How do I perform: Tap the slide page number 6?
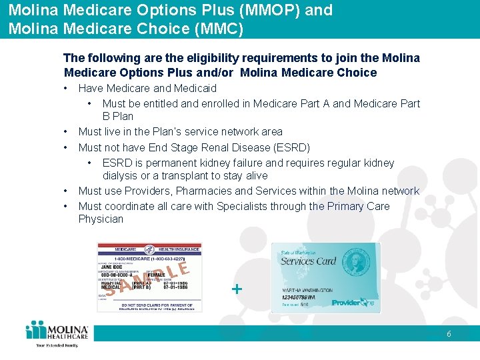449,334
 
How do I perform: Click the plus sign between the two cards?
236,289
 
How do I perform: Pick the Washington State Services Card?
325,277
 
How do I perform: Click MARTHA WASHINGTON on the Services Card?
307,291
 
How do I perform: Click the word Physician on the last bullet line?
101,219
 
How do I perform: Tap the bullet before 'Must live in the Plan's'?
67,132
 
